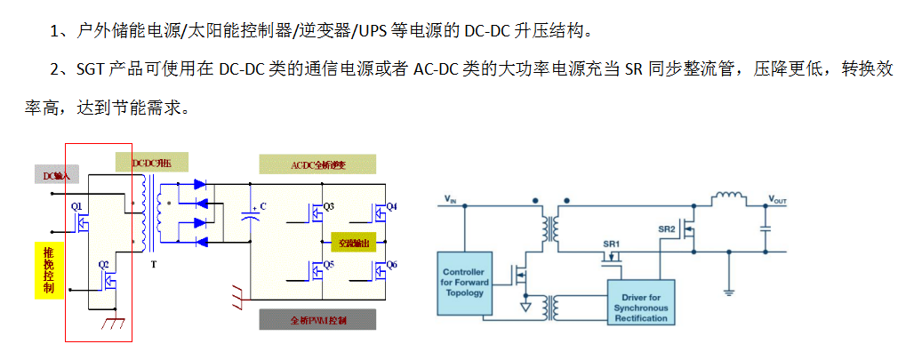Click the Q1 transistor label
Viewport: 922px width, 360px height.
(76, 205)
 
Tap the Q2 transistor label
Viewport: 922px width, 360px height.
(103, 264)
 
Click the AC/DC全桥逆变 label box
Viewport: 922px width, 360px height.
(317, 164)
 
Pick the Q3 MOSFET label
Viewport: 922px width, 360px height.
(328, 206)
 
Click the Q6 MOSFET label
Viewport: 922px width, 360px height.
(392, 265)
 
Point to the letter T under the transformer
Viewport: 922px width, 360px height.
(154, 265)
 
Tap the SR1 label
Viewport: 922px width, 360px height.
(611, 244)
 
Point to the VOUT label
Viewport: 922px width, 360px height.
(777, 200)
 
